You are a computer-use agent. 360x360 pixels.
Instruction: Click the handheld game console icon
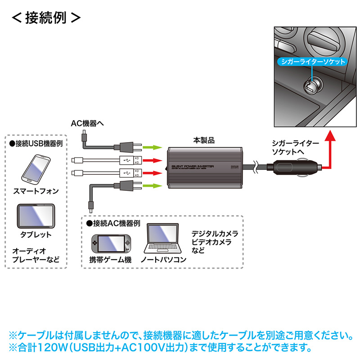[x=110, y=244]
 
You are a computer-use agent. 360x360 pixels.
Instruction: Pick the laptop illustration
[x=163, y=240]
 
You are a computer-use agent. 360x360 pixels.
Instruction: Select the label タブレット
[x=36, y=234]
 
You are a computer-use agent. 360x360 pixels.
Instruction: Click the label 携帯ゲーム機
[x=110, y=260]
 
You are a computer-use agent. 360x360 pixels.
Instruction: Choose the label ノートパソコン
[x=163, y=260]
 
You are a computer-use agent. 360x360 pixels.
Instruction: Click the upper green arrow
[x=152, y=147]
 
